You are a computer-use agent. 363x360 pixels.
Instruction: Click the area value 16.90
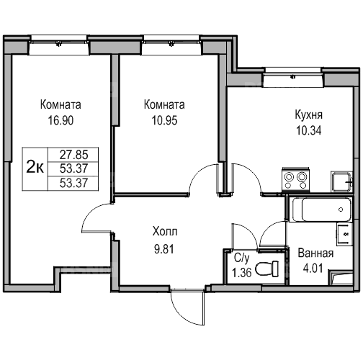point(60,120)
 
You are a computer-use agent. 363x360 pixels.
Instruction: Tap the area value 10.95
point(164,120)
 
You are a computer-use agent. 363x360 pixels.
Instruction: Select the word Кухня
point(309,114)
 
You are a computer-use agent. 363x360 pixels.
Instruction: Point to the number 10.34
point(309,130)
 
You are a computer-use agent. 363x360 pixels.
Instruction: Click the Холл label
point(165,232)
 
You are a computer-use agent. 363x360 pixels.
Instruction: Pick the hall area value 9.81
point(164,249)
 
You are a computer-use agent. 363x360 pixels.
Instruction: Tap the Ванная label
point(315,253)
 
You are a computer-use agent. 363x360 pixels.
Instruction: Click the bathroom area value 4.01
point(313,268)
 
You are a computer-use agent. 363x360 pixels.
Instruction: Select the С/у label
point(242,258)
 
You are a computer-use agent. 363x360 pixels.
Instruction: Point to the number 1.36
point(242,272)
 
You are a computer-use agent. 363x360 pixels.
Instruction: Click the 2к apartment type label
point(35,167)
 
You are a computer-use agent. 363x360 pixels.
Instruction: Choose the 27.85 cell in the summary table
point(73,155)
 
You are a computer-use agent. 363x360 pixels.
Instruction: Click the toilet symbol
point(267,269)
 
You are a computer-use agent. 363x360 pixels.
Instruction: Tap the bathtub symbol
point(321,210)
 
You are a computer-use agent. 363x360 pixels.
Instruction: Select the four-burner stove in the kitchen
point(296,180)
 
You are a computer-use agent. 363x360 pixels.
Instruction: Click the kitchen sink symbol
point(341,181)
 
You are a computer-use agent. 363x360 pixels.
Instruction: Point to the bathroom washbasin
point(344,234)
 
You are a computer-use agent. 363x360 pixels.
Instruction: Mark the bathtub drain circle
point(341,210)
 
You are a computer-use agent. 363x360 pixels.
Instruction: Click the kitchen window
point(293,77)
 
